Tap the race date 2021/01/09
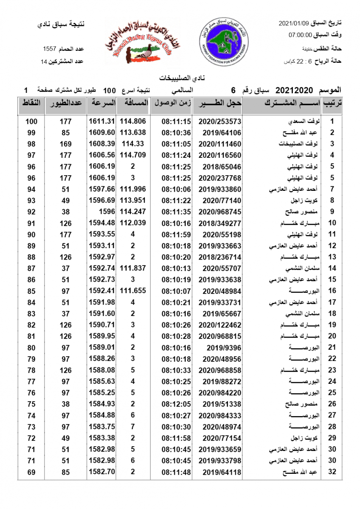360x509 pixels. coord(293,23)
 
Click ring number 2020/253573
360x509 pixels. coord(219,121)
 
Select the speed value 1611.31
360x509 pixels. coord(102,121)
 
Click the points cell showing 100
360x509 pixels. coord(31,121)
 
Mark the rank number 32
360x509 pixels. coord(332,472)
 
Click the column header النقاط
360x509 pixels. coord(31,103)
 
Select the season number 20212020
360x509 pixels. coord(294,90)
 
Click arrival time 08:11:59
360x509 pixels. coord(176,234)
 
